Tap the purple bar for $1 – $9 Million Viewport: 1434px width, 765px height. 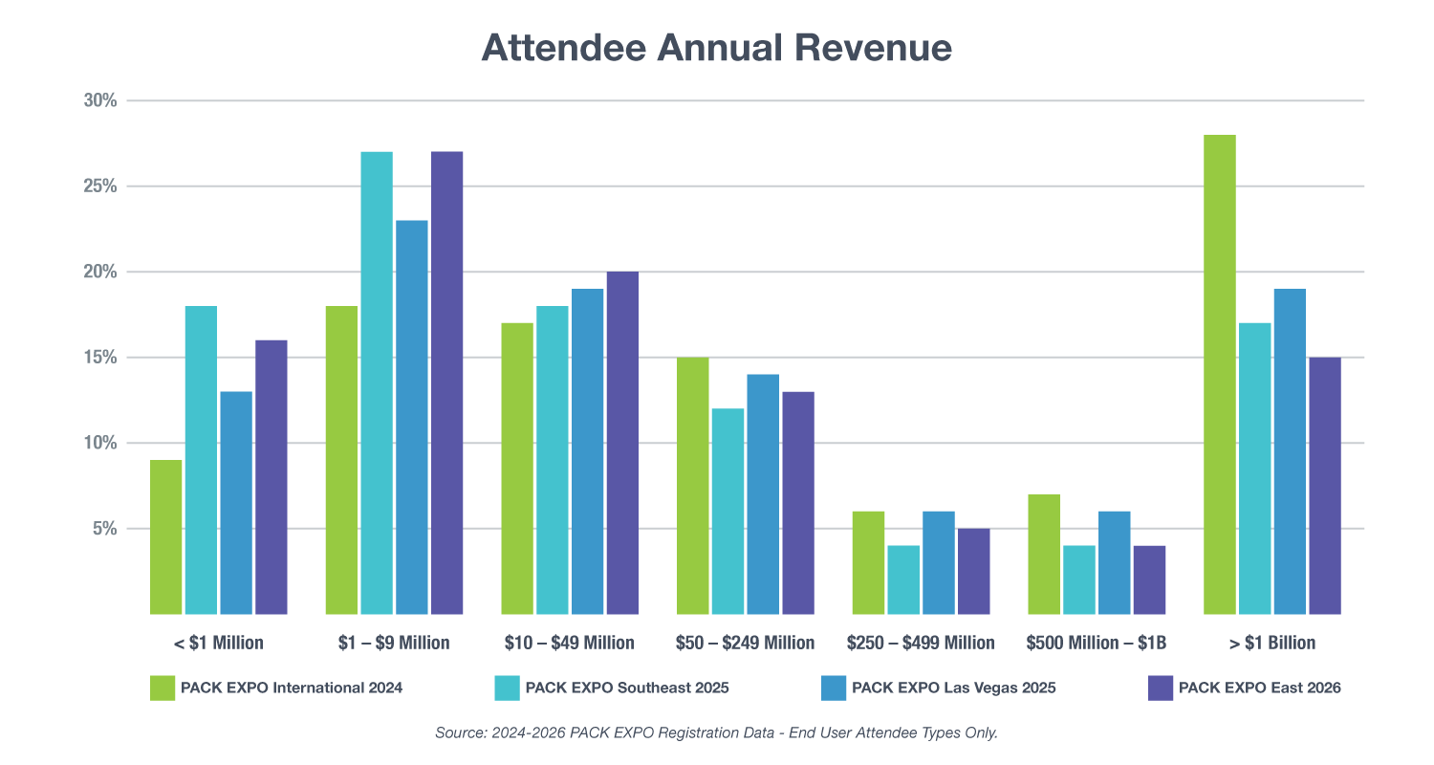[x=446, y=382]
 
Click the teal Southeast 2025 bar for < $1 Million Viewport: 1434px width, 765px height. [x=201, y=460]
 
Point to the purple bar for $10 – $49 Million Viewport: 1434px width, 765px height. [x=622, y=443]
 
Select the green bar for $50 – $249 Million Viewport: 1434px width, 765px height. [x=692, y=486]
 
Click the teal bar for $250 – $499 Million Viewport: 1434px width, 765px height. [x=903, y=579]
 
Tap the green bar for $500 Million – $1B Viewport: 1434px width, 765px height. [x=1044, y=555]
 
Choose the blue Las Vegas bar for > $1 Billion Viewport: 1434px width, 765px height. [x=1290, y=451]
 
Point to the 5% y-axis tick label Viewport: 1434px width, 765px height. [x=104, y=529]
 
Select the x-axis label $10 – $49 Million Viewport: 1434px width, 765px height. [x=568, y=643]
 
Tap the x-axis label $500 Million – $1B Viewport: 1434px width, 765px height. [x=1096, y=643]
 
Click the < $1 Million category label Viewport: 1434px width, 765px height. [x=218, y=643]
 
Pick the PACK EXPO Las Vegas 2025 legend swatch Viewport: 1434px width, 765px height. [x=833, y=688]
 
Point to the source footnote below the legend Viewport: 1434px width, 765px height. [x=716, y=732]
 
